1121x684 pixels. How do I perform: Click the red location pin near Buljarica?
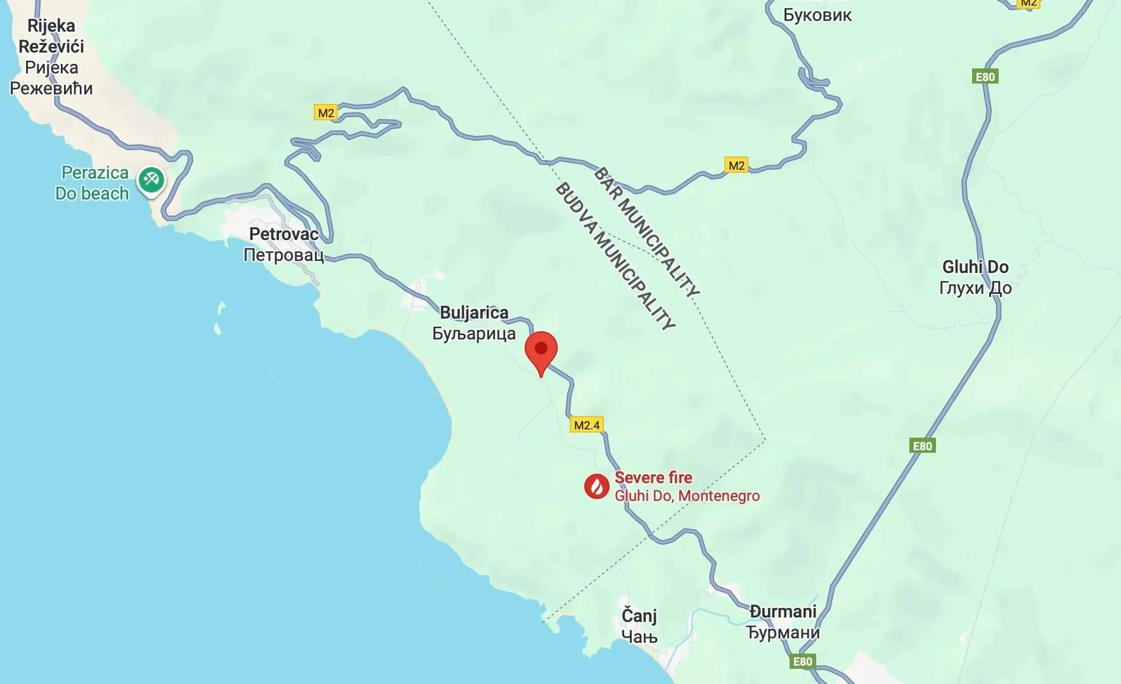[541, 350]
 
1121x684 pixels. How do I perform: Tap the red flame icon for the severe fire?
[596, 486]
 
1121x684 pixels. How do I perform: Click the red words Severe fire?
[653, 478]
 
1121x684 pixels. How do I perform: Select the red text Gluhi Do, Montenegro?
[687, 495]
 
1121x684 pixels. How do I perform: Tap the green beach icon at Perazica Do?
[151, 180]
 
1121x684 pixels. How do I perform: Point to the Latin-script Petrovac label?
[284, 234]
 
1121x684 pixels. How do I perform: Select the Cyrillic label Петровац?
[284, 255]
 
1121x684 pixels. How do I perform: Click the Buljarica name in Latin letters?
[474, 312]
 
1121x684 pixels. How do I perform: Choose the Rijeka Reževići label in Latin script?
[51, 36]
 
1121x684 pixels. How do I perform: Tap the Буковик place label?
[817, 15]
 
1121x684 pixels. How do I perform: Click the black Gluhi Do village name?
[975, 267]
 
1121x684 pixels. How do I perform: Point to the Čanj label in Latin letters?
[639, 615]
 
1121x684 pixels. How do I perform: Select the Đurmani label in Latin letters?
[783, 611]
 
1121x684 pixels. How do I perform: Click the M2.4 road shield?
[587, 425]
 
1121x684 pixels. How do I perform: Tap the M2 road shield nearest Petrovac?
[326, 113]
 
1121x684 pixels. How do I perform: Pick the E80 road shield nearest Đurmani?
[802, 662]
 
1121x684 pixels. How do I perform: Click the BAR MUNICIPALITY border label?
[647, 232]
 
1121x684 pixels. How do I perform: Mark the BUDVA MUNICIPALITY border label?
[615, 256]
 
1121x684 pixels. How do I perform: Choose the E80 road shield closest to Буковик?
[985, 77]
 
